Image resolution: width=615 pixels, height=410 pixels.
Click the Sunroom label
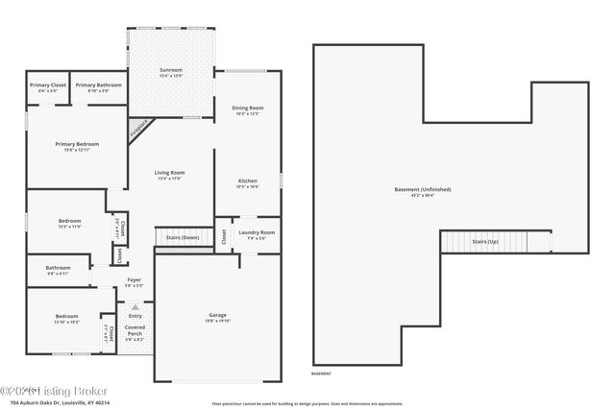point(170,70)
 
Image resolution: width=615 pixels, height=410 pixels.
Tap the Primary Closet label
point(47,85)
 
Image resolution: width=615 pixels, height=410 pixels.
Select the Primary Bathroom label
point(100,85)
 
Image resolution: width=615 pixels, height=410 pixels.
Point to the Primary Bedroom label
point(77,144)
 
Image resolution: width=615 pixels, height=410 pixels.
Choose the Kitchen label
point(248,181)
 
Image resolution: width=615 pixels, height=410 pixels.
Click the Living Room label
point(169,173)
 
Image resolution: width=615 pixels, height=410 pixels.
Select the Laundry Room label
point(257,232)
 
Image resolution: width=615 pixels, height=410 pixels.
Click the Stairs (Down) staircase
point(183,237)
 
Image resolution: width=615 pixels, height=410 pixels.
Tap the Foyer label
point(135,280)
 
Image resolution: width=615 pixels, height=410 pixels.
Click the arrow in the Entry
point(135,306)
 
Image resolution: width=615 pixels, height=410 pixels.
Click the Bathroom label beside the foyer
point(58,268)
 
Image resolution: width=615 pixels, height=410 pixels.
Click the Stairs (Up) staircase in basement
point(485,241)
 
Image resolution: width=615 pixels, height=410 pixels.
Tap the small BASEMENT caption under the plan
point(322,374)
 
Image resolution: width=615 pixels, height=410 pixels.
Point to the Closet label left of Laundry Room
point(223,236)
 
